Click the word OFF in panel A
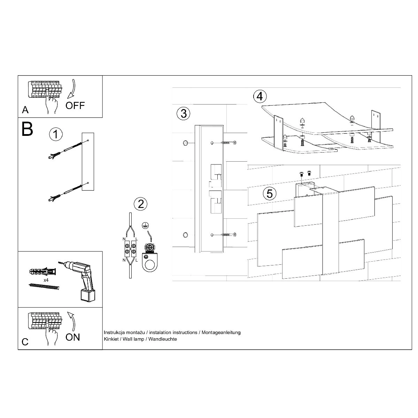pyautogui.click(x=75, y=106)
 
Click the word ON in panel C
pyautogui.click(x=73, y=337)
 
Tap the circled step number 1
pyautogui.click(x=56, y=134)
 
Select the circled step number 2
pyautogui.click(x=141, y=204)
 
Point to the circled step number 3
pyautogui.click(x=184, y=114)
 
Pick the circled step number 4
pyautogui.click(x=260, y=96)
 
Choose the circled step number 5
pyautogui.click(x=270, y=194)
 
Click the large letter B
pyautogui.click(x=27, y=129)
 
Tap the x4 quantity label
pyautogui.click(x=46, y=280)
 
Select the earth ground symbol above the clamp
pyautogui.click(x=145, y=225)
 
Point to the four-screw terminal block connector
pyautogui.click(x=130, y=249)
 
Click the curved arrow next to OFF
pyautogui.click(x=72, y=91)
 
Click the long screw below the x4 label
pyautogui.click(x=44, y=286)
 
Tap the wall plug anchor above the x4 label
pyautogui.click(x=42, y=271)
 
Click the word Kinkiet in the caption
pyautogui.click(x=111, y=339)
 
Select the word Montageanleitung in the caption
pyautogui.click(x=221, y=333)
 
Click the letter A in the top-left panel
pyautogui.click(x=25, y=110)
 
